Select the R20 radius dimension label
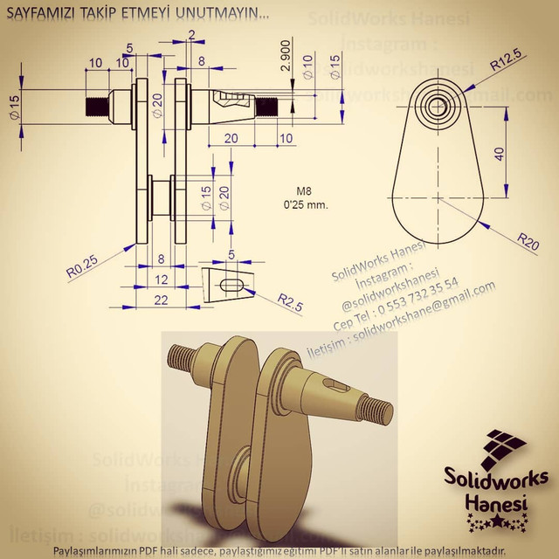pos(526,237)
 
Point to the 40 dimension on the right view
pos(499,153)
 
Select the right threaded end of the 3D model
pos(376,408)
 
